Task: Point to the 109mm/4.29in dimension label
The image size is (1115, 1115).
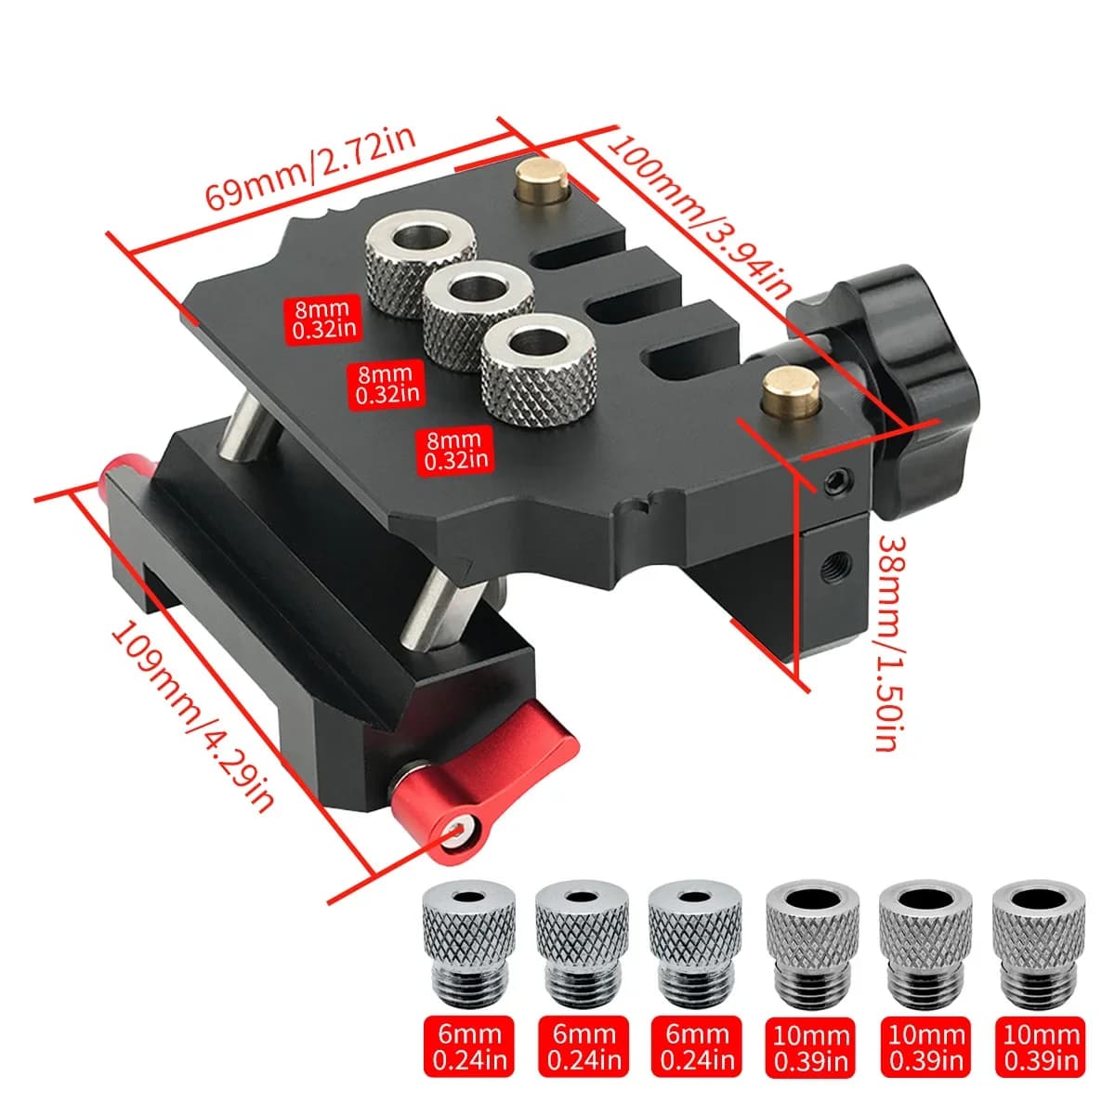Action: point(191,716)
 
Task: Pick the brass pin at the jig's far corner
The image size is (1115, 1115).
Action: point(542,180)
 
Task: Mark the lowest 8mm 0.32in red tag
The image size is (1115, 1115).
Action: point(456,450)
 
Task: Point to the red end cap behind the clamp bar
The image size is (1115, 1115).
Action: point(121,467)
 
